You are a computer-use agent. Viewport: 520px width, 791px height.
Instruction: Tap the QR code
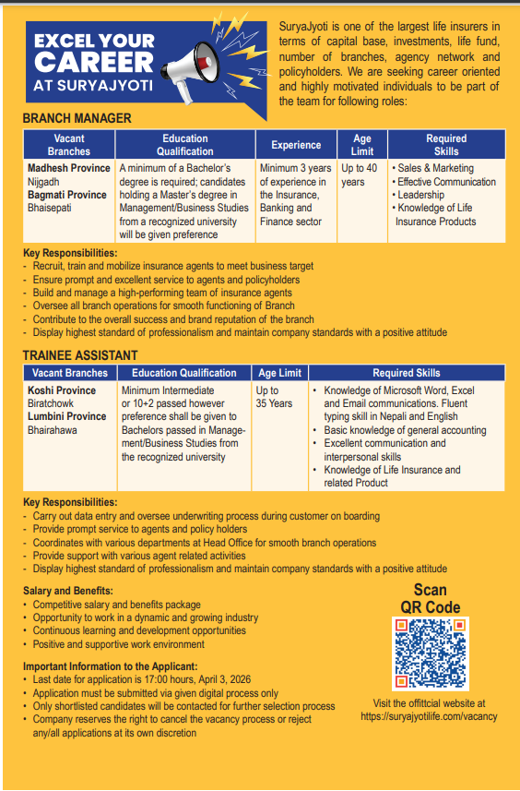coord(430,653)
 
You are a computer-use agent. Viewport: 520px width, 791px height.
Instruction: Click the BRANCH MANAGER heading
coord(77,118)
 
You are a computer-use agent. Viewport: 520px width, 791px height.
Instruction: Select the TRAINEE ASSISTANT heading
coord(80,355)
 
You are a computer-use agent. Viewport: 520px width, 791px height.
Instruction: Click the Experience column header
coord(296,145)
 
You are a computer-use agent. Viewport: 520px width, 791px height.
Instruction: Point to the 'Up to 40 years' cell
coord(360,175)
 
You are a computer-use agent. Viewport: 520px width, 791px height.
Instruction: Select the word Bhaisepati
coord(50,209)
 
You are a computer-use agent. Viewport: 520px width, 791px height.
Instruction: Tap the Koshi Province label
coord(62,390)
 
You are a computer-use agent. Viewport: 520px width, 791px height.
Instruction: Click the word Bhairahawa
coord(53,430)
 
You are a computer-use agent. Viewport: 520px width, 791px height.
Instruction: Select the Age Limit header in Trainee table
coord(279,373)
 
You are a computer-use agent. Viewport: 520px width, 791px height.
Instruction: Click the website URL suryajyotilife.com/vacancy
coord(429,715)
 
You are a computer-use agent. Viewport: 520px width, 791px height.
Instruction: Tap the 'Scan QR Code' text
coord(430,598)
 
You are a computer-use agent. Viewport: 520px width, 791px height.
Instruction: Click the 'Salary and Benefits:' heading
coord(68,591)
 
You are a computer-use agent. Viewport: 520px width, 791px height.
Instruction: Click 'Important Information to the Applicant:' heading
coord(110,666)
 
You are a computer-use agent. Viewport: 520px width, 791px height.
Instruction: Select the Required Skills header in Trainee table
coord(406,373)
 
